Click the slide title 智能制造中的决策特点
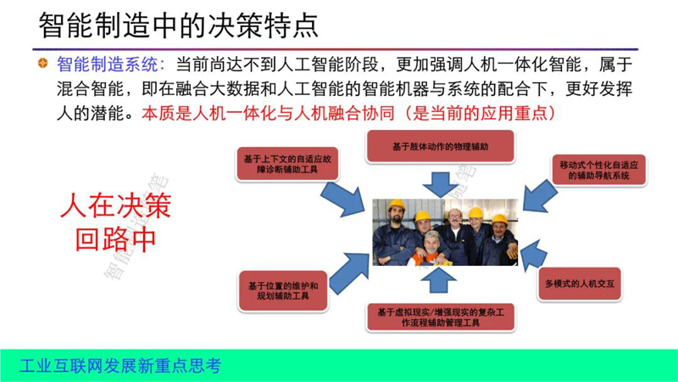(x=179, y=25)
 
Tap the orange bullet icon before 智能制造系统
(x=42, y=63)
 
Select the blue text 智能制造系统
(x=108, y=65)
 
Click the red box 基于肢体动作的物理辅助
(x=441, y=146)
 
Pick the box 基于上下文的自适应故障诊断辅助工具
(x=287, y=164)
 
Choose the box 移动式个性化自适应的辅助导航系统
(x=599, y=171)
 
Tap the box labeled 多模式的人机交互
(x=580, y=284)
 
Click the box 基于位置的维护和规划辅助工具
(x=283, y=291)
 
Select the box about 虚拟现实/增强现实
(x=441, y=317)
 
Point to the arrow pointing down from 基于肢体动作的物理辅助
(x=441, y=184)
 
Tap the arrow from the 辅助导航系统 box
(x=539, y=196)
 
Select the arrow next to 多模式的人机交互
(x=533, y=255)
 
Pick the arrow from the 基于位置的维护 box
(x=349, y=272)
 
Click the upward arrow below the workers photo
(x=439, y=280)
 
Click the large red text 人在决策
(x=116, y=205)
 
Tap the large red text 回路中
(x=115, y=239)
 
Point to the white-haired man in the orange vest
(x=431, y=249)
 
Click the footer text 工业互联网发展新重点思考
(x=120, y=366)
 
